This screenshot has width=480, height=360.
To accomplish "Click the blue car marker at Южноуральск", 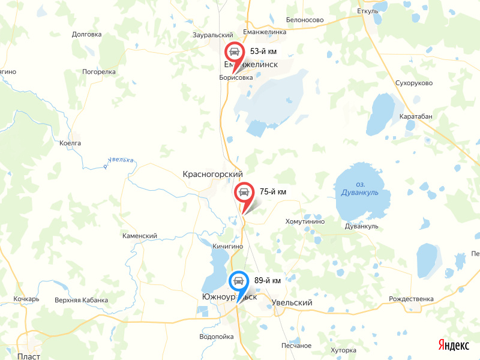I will tap(238, 281).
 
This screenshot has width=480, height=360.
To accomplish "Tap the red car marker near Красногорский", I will tap(244, 193).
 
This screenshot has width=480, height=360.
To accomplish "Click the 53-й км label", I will tap(263, 52).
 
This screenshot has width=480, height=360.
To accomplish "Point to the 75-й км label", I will tap(272, 192).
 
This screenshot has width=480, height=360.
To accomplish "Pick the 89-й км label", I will tap(268, 280).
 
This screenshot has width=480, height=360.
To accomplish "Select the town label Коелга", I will tap(70, 143).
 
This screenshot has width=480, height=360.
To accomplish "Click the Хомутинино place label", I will tap(305, 221).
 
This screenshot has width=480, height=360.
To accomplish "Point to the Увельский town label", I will tap(292, 303).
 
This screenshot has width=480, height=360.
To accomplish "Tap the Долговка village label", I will tap(86, 34).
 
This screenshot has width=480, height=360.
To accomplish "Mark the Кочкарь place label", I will tap(26, 299).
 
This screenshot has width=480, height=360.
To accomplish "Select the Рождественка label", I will tap(411, 299).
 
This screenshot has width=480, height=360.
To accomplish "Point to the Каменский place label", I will tap(139, 236).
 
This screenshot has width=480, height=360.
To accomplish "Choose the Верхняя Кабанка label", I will tap(81, 300).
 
